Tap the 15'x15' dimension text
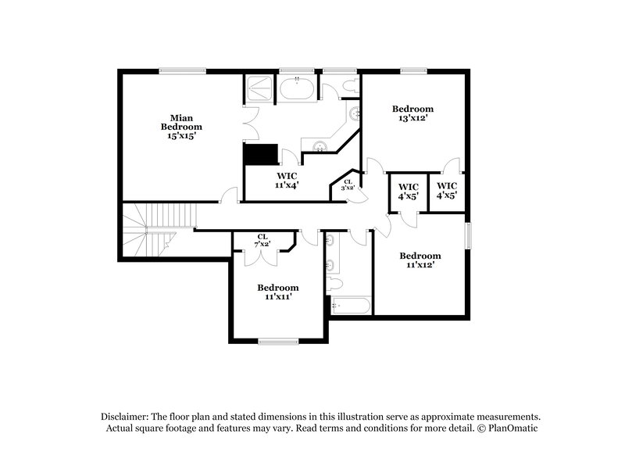coord(181,135)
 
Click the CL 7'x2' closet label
coord(264,241)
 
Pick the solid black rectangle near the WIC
coord(260,153)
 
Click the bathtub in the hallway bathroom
coord(348,306)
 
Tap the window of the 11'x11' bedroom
coord(278,341)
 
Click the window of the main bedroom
coord(184,71)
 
